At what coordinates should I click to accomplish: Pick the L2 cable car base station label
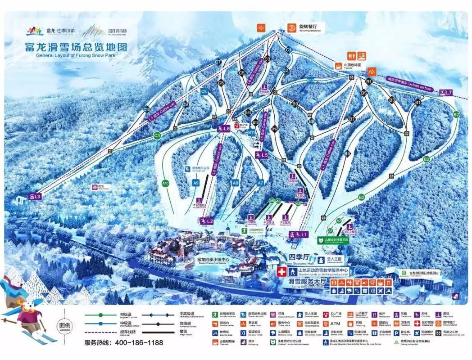pos(206,221)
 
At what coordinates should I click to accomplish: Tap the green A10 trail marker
pos(165,183)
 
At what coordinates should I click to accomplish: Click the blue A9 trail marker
pos(195,183)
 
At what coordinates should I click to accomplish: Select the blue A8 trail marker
pos(235,183)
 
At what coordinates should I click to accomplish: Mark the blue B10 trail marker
pos(310,81)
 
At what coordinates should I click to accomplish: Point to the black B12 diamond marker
pos(274,129)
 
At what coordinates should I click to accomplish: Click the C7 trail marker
pos(218,62)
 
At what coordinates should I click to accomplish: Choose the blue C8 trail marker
pos(204,92)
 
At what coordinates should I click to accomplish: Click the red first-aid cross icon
pos(281,272)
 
